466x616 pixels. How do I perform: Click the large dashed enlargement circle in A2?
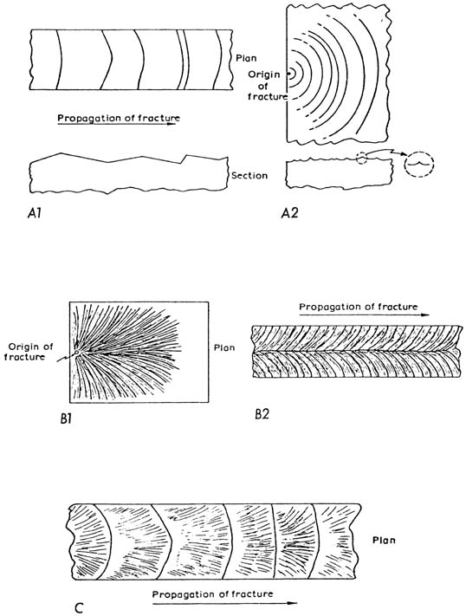(x=418, y=165)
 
